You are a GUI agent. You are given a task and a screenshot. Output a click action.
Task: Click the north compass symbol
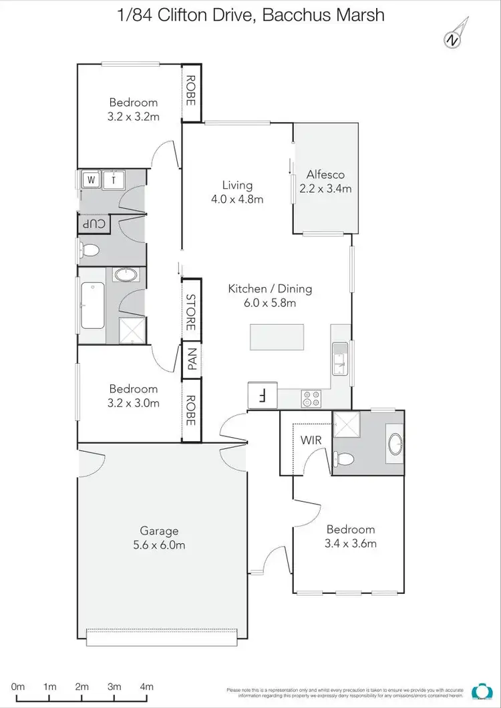point(453,39)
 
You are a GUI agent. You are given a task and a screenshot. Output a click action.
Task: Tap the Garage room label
point(159,531)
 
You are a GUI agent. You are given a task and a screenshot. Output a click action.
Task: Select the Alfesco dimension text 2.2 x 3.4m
point(329,189)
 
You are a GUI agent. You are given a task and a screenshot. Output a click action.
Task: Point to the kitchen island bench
point(277,337)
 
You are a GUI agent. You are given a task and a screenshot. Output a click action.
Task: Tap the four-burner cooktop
point(311,398)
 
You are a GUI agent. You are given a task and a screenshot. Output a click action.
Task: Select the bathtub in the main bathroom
point(93,305)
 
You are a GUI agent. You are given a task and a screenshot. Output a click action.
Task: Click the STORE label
point(191,312)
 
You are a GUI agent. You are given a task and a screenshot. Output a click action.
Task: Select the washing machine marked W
point(91,180)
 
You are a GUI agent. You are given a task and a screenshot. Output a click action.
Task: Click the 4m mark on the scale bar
point(146,687)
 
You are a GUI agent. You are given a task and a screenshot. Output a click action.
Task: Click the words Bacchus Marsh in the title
point(324,15)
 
